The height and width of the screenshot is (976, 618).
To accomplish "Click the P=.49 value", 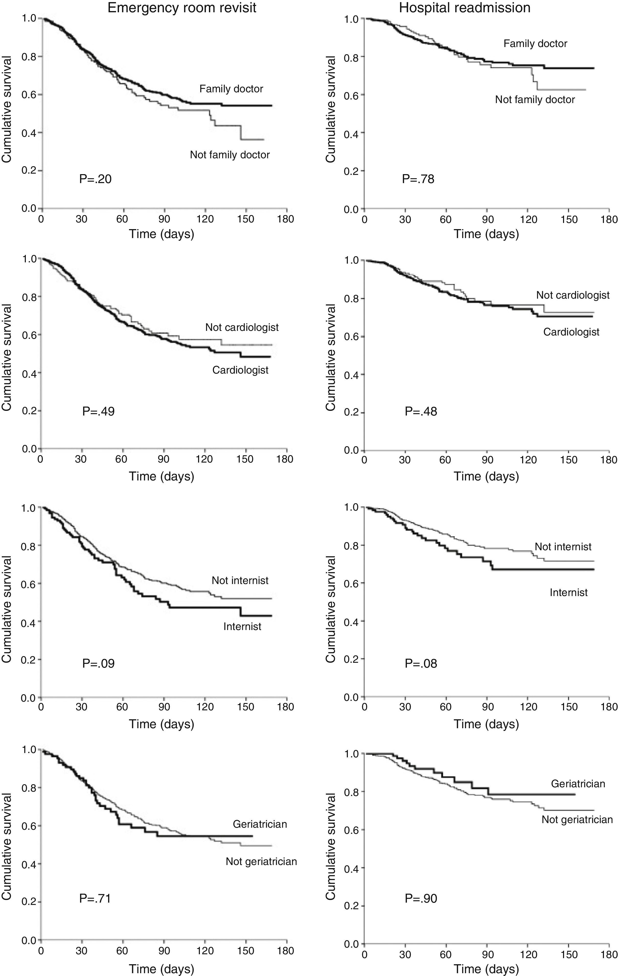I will point(98,411).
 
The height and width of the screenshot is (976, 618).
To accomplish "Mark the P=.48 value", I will point(421,411).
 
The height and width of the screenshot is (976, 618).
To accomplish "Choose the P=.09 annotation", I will point(98,664).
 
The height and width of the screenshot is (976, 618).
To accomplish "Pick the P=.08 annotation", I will point(421,664).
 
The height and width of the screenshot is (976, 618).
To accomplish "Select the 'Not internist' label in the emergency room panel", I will point(240,580).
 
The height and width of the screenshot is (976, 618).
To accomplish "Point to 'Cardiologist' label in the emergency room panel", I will point(240,370).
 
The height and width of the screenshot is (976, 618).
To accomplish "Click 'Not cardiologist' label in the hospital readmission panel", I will point(573,295).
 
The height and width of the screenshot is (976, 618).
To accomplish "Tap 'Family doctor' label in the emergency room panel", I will point(231,89).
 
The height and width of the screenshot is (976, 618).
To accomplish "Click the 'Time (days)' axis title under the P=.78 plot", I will point(486,234).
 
